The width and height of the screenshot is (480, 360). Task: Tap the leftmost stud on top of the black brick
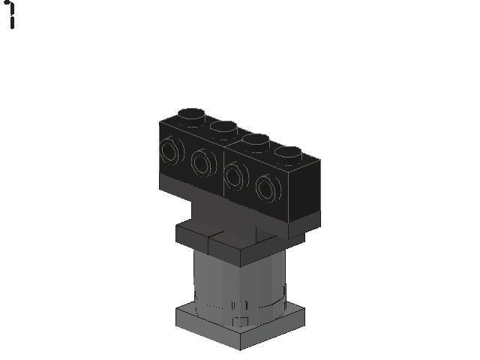(x=191, y=117)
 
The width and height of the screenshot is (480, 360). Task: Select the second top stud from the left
(x=224, y=130)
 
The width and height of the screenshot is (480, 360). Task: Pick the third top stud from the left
(x=256, y=142)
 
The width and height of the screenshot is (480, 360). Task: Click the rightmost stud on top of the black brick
(x=288, y=155)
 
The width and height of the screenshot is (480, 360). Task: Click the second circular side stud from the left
(x=203, y=163)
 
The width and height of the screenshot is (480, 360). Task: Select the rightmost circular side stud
(x=268, y=189)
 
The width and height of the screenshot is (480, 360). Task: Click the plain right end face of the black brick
(x=305, y=190)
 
